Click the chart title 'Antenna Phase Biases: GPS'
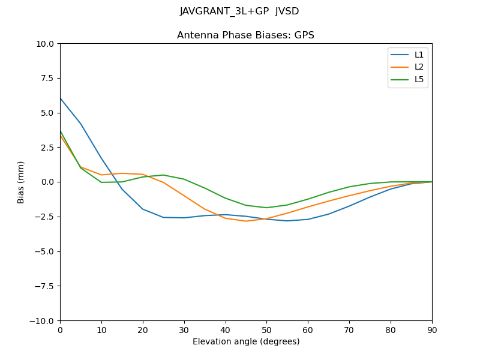245,35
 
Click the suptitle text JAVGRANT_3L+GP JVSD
239,11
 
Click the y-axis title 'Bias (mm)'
21,182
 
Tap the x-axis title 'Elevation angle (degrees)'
246,342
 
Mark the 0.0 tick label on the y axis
47,182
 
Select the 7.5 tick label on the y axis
47,79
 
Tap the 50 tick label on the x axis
266,329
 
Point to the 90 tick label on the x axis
431,329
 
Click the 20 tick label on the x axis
143,329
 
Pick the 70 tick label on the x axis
349,329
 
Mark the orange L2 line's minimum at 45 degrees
246,221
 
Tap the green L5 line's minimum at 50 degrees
266,208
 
